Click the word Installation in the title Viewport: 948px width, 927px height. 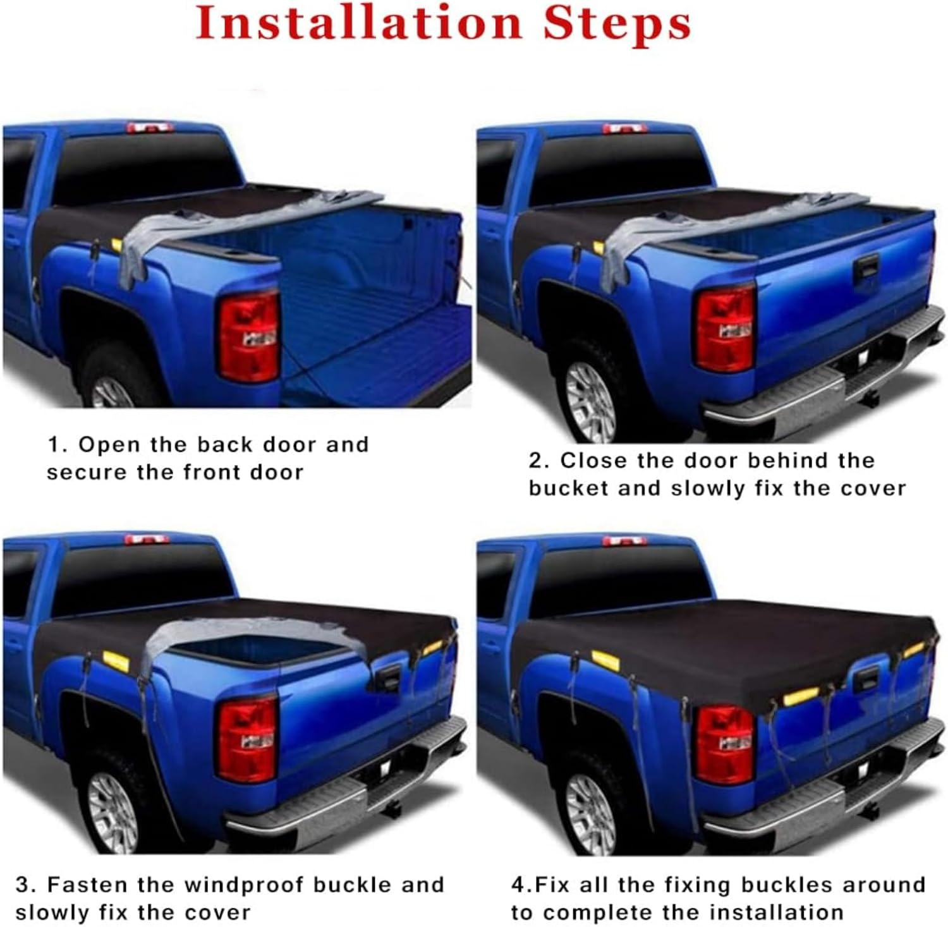pyautogui.click(x=358, y=24)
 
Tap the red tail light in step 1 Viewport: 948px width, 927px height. pyautogui.click(x=249, y=337)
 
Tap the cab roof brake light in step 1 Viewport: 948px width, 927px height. pyautogui.click(x=149, y=128)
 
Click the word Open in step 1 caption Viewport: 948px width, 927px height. pyautogui.click(x=109, y=445)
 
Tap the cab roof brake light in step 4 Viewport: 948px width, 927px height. pyautogui.click(x=624, y=541)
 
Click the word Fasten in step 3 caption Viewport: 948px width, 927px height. pyautogui.click(x=87, y=885)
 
